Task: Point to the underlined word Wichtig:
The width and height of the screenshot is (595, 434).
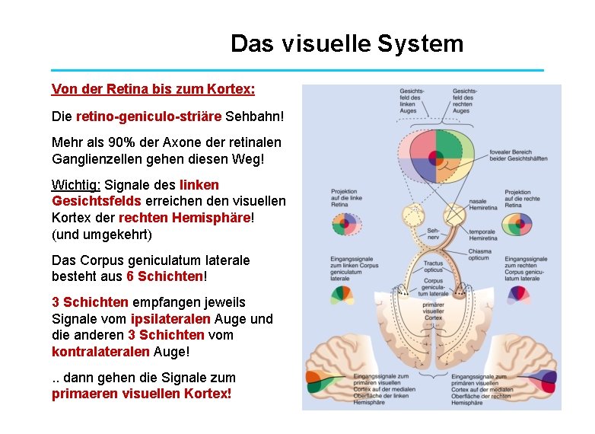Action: point(76,185)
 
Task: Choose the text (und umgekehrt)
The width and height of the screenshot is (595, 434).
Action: point(102,234)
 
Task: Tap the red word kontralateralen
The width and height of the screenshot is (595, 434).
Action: point(102,352)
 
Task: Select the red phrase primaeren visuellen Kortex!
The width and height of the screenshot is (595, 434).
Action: point(142,394)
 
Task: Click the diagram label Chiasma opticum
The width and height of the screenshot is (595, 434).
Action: point(479,254)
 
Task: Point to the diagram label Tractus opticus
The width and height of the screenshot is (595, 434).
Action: point(434,266)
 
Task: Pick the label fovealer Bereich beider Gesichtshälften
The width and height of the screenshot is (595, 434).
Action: point(519,154)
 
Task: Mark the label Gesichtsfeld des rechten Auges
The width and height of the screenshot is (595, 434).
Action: point(465,100)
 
